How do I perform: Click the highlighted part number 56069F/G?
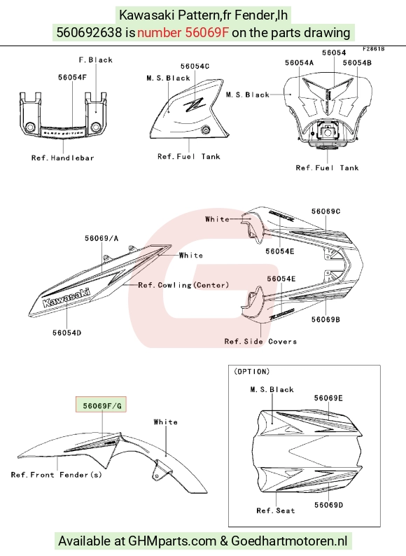tap(102, 405)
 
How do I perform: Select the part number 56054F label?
tap(72, 77)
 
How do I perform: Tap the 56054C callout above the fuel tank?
tap(195, 67)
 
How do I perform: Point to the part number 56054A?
tap(300, 63)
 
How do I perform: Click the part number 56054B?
tap(357, 63)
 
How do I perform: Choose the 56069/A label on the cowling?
tap(101, 238)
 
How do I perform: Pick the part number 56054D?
tap(66, 333)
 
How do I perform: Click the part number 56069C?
tap(326, 211)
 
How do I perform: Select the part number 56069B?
tap(325, 319)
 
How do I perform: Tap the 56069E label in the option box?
tap(328, 398)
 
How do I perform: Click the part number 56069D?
tap(329, 505)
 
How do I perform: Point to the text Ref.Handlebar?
tap(63, 158)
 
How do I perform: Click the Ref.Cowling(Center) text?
tap(183, 285)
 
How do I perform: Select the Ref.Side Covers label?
tap(260, 342)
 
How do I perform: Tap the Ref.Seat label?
tap(276, 510)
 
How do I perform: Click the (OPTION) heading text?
tap(252, 372)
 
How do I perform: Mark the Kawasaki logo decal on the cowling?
tap(66, 298)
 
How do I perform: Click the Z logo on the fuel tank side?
tap(194, 104)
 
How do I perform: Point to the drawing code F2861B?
tap(373, 49)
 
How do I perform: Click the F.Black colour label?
tap(96, 60)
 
